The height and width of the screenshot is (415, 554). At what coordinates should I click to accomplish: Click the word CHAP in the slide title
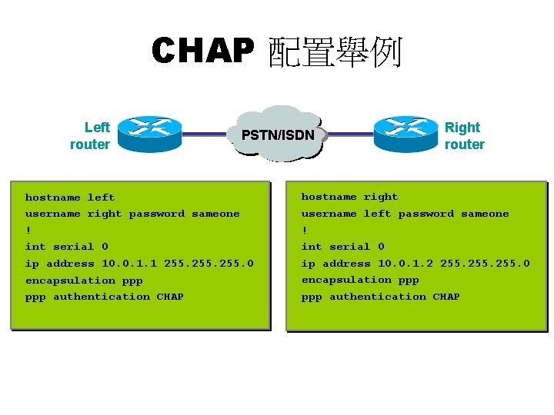(202, 51)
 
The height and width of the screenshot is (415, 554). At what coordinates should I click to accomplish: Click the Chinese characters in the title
(334, 52)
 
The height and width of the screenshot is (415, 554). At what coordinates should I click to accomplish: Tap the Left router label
(90, 136)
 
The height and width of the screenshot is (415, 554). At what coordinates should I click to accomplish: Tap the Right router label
(464, 136)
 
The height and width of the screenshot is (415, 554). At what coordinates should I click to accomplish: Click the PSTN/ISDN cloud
(278, 135)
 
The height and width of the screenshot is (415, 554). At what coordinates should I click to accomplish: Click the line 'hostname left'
(70, 198)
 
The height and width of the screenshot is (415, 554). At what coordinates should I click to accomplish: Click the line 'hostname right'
(349, 197)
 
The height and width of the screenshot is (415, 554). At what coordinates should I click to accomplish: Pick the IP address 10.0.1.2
(405, 264)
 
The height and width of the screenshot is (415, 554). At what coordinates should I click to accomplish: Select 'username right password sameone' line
(132, 214)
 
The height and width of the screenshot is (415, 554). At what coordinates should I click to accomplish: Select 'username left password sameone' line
(405, 214)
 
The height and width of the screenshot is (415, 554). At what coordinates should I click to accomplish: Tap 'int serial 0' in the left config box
(66, 247)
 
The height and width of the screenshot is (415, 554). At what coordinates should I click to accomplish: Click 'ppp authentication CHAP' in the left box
(104, 297)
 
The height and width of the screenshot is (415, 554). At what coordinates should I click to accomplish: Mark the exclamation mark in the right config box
(305, 230)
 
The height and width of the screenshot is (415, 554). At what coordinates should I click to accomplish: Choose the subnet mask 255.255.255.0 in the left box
(209, 264)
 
